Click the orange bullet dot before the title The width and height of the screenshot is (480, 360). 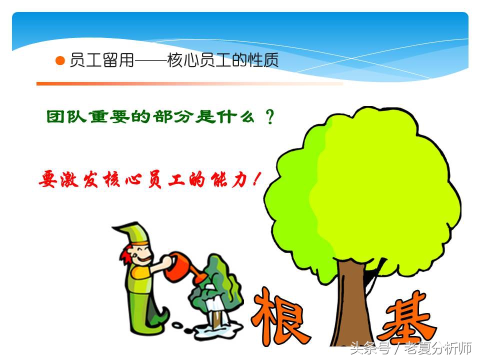60,61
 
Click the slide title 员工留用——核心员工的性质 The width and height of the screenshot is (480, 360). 174,61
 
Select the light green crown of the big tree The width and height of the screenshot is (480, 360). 360,190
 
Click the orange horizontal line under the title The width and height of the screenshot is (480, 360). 190,83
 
